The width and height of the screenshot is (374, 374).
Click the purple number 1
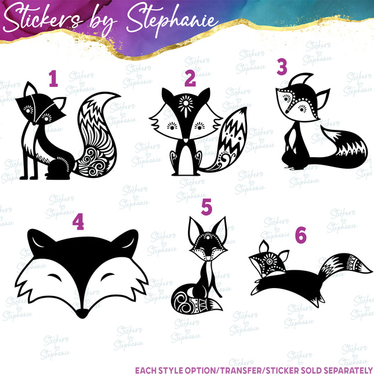53,78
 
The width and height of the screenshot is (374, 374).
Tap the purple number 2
190,79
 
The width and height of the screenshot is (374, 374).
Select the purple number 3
282,67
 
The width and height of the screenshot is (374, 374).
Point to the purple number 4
78,222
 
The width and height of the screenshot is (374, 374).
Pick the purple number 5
206,207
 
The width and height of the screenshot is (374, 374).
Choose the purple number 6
300,235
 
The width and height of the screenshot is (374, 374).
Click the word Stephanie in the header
172,20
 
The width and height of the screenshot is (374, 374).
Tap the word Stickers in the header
43,19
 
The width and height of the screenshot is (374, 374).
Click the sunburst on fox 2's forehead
186,105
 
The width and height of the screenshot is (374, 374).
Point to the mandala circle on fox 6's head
270,261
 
